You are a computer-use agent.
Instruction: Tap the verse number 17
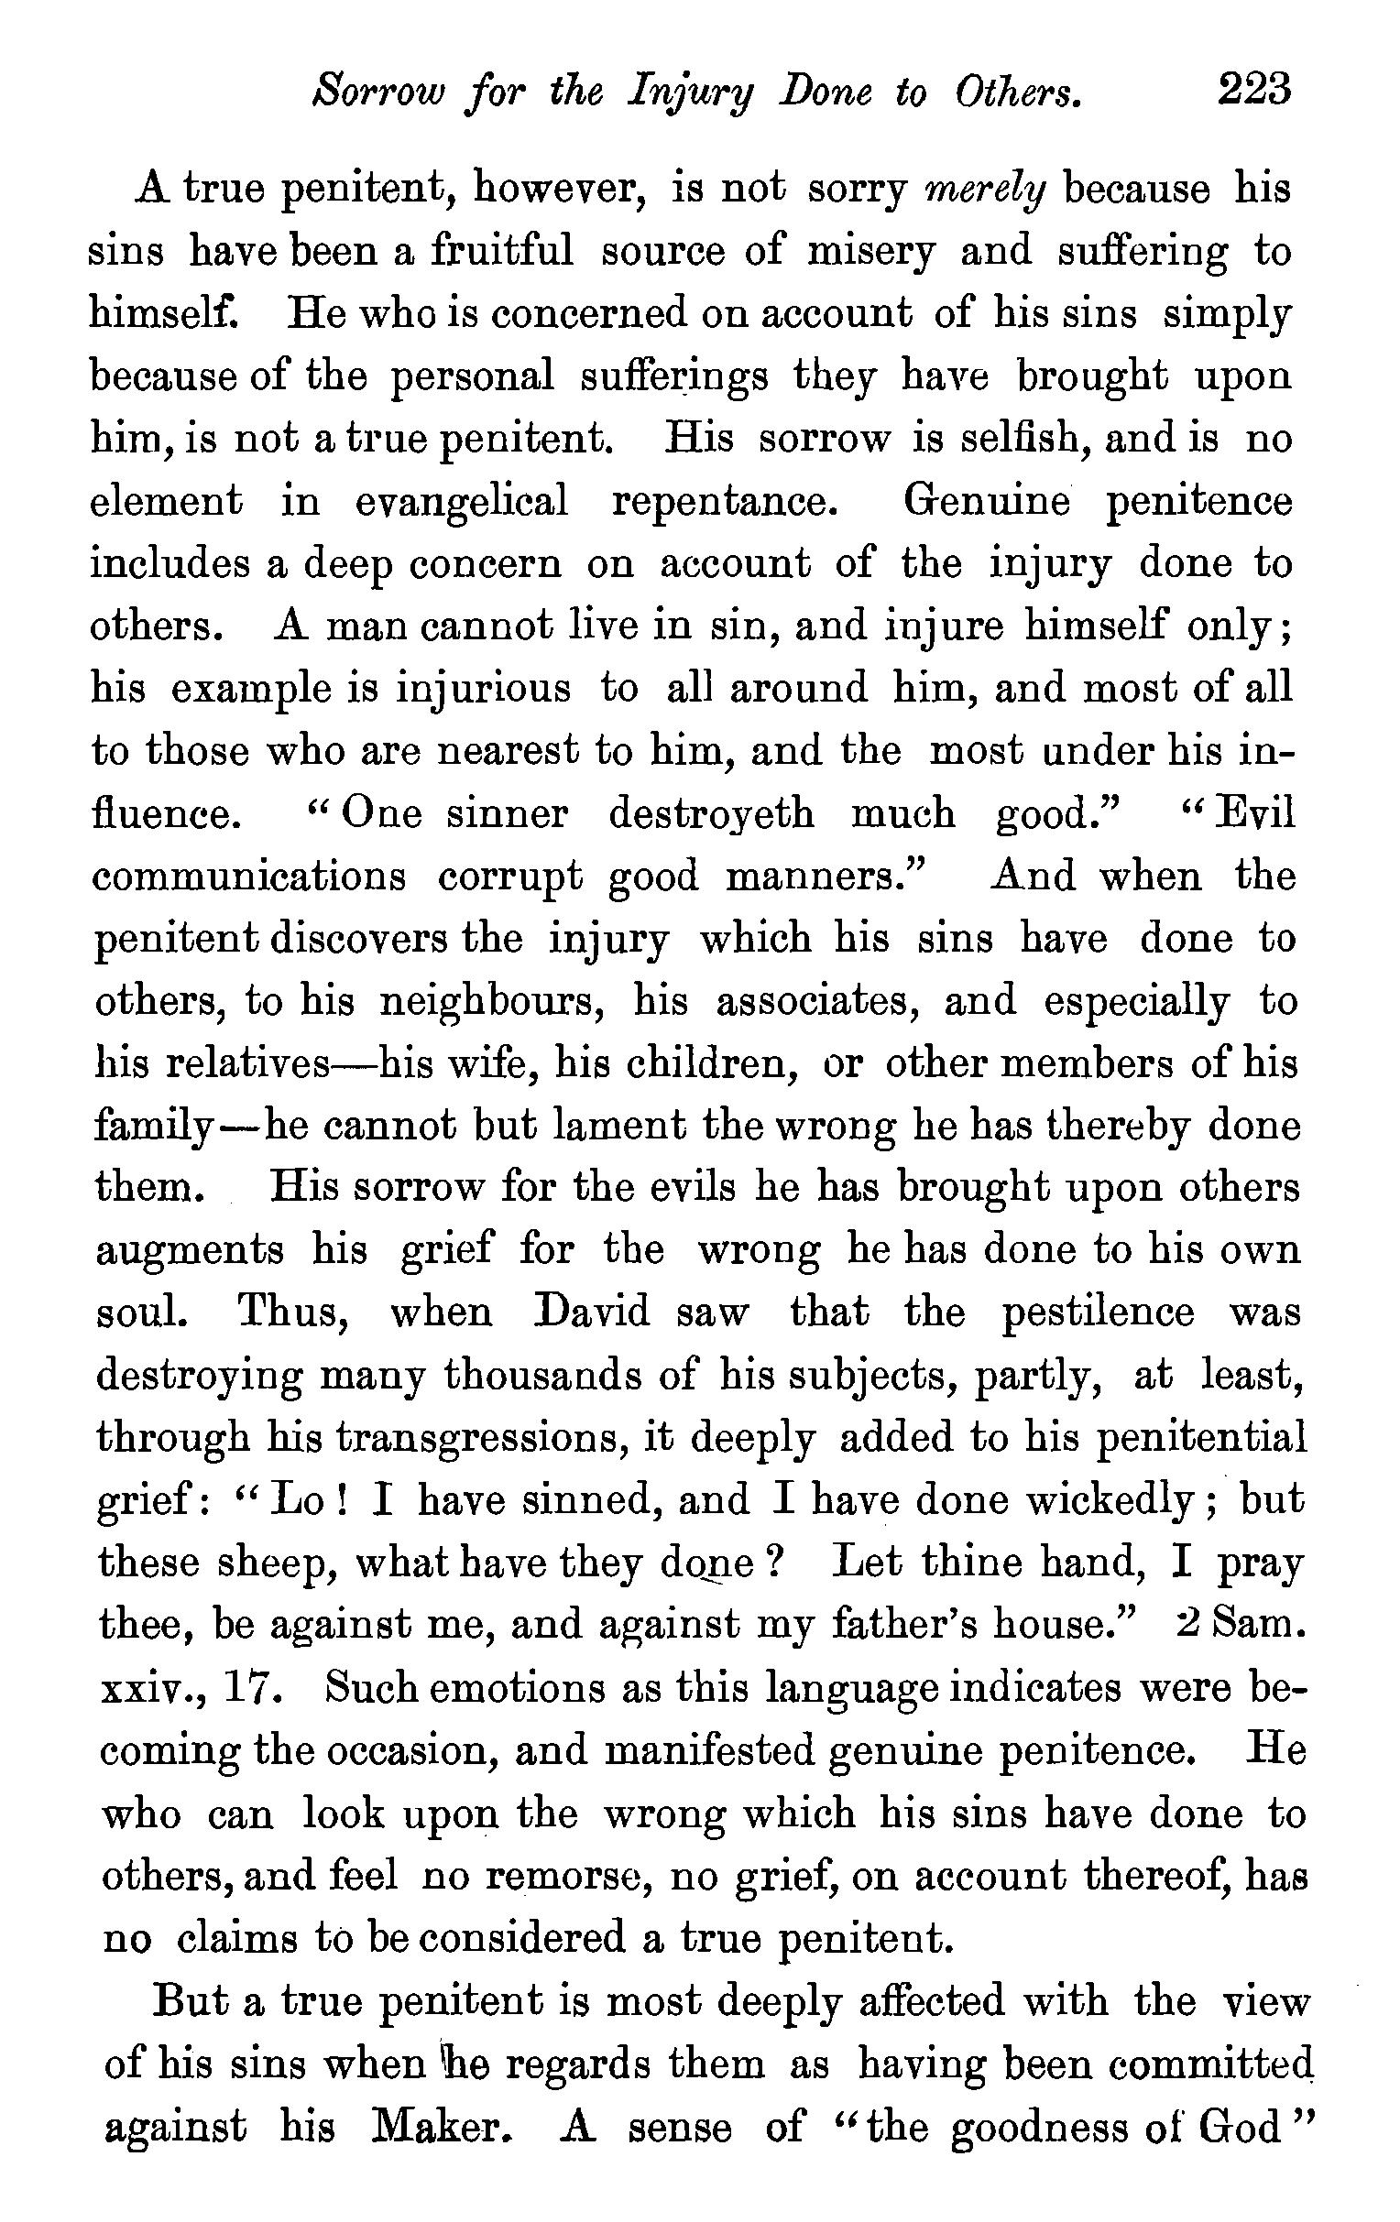[250, 1688]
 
